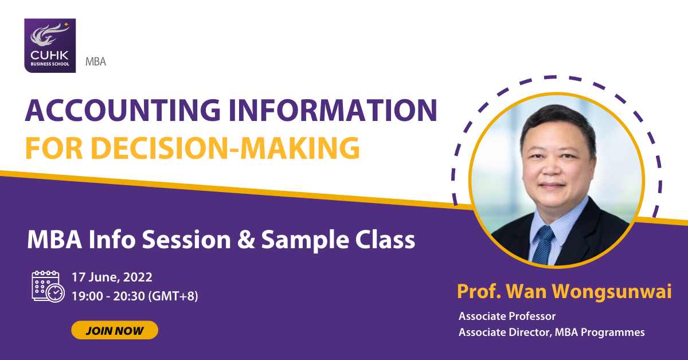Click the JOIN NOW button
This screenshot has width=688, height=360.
click(x=115, y=330)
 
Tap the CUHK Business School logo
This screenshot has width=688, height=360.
click(x=50, y=45)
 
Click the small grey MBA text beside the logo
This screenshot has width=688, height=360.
click(x=96, y=62)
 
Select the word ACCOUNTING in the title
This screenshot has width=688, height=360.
click(x=123, y=110)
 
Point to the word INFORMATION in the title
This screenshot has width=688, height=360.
click(x=333, y=110)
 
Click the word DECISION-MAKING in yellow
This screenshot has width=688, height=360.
click(x=225, y=148)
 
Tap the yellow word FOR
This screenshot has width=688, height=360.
click(x=54, y=148)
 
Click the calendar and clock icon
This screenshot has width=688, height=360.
click(x=48, y=286)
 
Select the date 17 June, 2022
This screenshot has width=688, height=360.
click(x=112, y=277)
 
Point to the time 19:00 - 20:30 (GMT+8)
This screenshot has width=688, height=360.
click(x=135, y=296)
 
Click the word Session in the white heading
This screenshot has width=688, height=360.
click(x=186, y=240)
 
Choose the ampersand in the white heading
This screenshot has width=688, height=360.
click(x=246, y=240)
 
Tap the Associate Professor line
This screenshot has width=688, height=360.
click(x=507, y=316)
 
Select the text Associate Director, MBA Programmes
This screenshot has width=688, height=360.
click(x=552, y=332)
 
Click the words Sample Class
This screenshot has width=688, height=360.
click(x=338, y=240)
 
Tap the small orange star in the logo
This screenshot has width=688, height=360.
click(x=66, y=24)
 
